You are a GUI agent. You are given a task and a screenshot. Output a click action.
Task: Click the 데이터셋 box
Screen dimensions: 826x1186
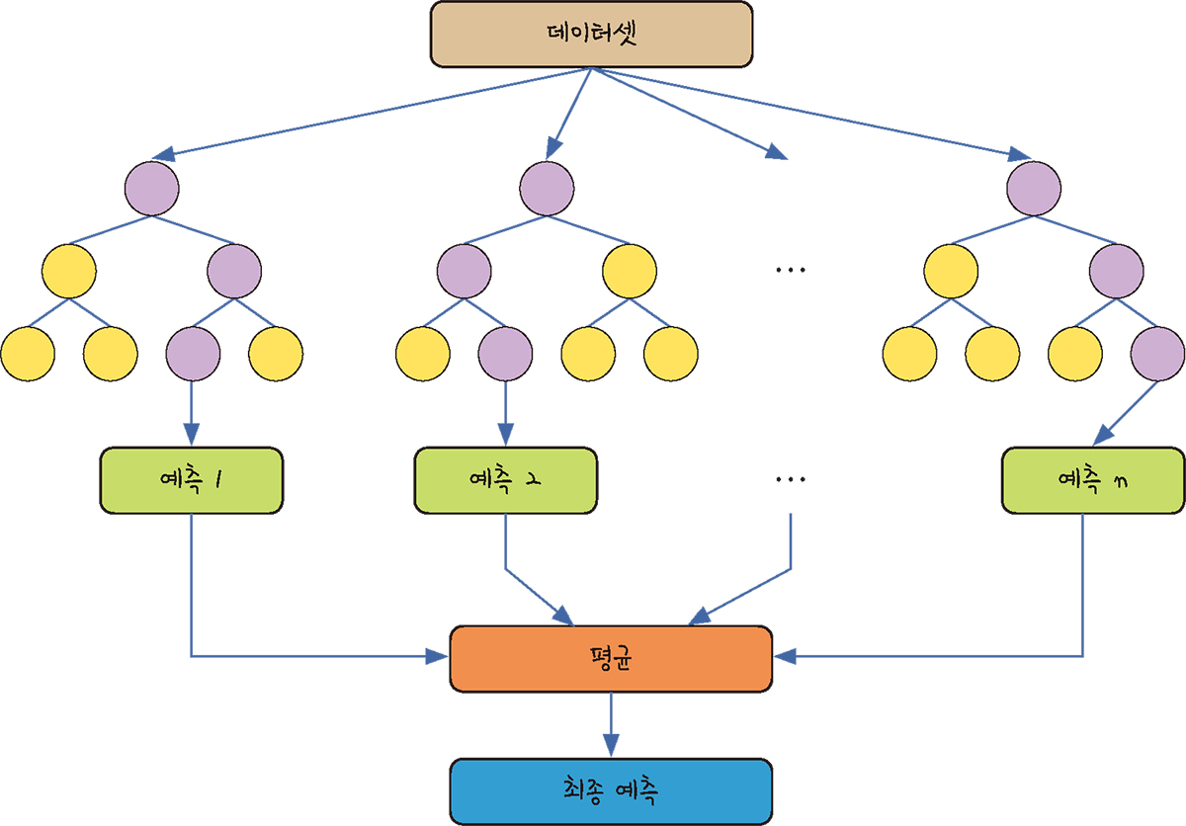(592, 35)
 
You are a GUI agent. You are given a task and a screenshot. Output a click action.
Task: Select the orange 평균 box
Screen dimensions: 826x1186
(611, 658)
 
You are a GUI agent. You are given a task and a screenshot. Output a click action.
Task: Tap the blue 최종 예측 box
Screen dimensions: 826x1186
(611, 790)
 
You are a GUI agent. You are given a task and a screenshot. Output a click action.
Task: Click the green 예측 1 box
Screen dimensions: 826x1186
(191, 480)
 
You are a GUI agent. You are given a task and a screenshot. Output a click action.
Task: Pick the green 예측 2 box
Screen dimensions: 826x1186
(506, 480)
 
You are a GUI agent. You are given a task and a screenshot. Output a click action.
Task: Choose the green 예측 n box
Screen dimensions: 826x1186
(1092, 480)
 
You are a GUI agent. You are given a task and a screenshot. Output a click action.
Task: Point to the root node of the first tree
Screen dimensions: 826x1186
(151, 185)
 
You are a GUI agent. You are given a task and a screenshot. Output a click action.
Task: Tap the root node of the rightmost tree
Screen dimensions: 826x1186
(1034, 185)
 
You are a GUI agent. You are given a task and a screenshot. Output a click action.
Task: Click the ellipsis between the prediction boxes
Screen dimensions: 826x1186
(791, 480)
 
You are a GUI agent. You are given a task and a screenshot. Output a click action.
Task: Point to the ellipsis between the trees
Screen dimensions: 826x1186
(791, 270)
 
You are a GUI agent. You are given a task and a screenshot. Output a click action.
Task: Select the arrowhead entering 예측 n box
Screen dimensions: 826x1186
(1102, 439)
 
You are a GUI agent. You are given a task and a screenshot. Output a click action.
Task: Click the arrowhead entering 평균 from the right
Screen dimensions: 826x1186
(782, 655)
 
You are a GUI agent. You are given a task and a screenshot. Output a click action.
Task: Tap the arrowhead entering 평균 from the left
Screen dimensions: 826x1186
(440, 655)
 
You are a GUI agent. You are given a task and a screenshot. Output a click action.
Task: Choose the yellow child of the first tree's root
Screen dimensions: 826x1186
(69, 269)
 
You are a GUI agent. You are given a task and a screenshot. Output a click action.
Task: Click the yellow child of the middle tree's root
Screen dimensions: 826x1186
(630, 269)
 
